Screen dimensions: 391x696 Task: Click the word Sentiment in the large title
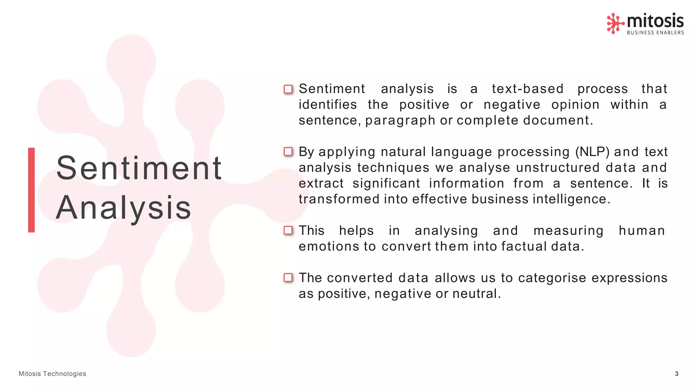click(139, 168)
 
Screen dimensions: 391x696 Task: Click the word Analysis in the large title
click(124, 208)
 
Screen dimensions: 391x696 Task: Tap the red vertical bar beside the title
click(31, 190)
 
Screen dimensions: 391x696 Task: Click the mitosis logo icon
click(615, 23)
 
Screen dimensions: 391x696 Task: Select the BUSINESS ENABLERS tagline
click(655, 33)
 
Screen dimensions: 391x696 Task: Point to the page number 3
click(676, 374)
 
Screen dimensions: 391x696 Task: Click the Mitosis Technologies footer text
click(52, 374)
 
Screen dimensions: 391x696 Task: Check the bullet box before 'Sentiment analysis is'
click(288, 89)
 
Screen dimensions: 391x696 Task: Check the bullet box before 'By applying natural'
click(288, 152)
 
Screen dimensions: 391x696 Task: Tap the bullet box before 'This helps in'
click(288, 230)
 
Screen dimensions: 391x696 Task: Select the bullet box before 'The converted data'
click(288, 278)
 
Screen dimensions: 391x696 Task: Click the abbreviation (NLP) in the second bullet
click(592, 152)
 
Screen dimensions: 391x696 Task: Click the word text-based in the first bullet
click(527, 89)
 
